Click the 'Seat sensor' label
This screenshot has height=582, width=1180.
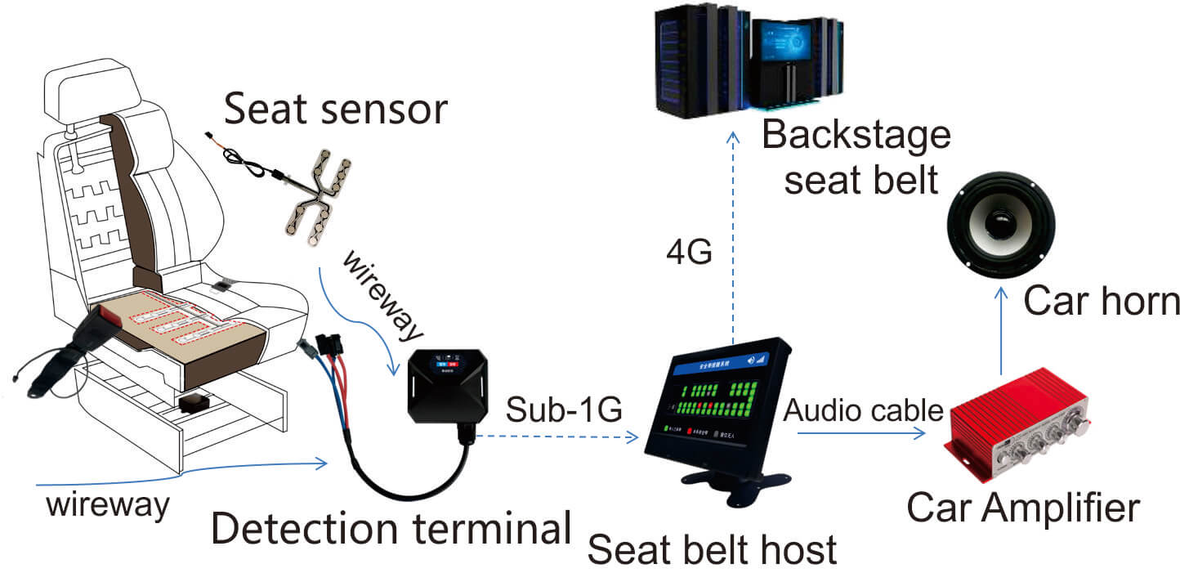click(336, 109)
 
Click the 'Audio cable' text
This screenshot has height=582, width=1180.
click(863, 410)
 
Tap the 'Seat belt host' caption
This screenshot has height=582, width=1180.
click(713, 549)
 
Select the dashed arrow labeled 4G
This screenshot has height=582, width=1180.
click(734, 237)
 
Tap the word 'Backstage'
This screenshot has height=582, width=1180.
click(856, 135)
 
